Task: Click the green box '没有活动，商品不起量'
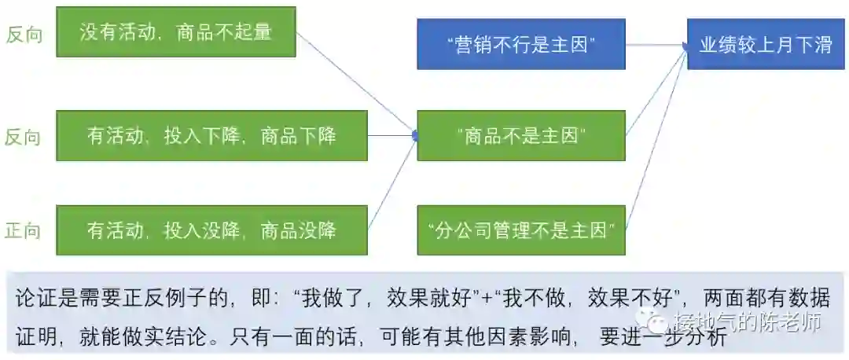point(176,32)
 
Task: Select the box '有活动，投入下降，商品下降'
point(211,136)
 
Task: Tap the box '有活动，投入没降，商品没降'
point(211,230)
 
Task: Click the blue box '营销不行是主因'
point(521,44)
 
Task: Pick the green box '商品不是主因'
point(521,136)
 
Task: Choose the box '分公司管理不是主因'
point(521,230)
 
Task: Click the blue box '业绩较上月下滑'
point(766,44)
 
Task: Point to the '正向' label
point(24,230)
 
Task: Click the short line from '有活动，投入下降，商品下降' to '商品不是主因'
point(391,136)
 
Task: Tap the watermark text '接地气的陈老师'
point(747,322)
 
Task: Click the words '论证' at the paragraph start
point(30,299)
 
